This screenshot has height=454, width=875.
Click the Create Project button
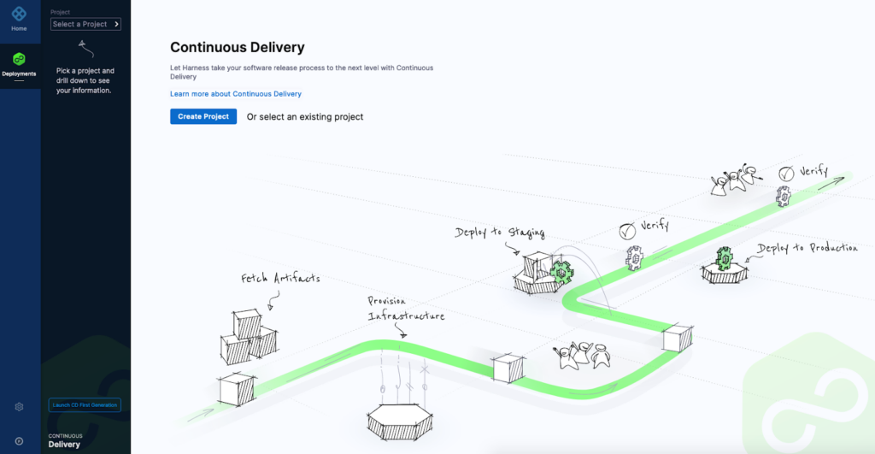203,116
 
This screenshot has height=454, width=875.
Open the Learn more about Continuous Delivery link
236,94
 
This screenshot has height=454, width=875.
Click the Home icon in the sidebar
19,14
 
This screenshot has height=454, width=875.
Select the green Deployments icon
19,59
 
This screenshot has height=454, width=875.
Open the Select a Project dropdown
85,24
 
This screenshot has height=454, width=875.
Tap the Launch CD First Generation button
85,405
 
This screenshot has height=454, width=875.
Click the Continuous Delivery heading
238,48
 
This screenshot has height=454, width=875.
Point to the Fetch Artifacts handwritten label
280,278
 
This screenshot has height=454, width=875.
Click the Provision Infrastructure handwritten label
406,309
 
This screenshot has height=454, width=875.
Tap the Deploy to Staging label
499,233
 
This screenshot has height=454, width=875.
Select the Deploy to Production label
807,248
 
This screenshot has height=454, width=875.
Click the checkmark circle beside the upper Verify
786,174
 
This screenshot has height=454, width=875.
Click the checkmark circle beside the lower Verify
627,231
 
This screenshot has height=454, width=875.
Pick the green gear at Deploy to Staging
561,271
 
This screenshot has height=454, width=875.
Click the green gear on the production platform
725,258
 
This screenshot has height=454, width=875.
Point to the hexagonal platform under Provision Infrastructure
400,422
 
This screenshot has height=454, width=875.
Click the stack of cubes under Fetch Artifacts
249,337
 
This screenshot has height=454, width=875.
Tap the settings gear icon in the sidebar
19,407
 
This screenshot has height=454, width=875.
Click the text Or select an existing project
305,117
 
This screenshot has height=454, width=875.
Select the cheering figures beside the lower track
582,355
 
